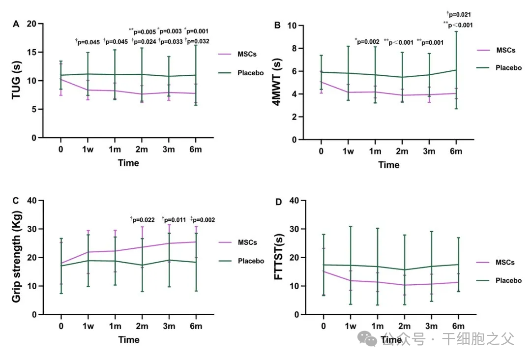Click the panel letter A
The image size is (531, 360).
16,25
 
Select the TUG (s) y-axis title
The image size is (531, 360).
17,81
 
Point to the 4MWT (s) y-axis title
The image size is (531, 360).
278,82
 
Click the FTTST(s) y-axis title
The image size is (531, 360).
278,258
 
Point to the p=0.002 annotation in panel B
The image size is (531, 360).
367,42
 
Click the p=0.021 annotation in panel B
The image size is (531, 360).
459,15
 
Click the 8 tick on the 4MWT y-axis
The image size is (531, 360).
294,48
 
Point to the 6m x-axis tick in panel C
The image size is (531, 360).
196,327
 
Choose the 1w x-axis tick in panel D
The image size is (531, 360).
350,327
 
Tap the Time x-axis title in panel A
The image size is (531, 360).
128,163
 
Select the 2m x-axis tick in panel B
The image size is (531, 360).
402,151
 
